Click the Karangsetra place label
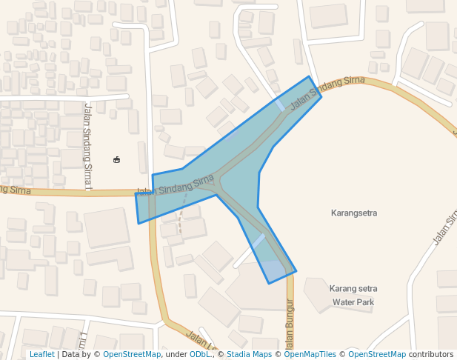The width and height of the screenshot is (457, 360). (x=353, y=213)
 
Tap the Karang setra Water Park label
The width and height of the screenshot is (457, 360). (x=353, y=295)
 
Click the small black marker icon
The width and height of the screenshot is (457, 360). (x=116, y=159)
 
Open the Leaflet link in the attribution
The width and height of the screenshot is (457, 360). (x=41, y=354)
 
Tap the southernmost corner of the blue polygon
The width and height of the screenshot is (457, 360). (x=270, y=283)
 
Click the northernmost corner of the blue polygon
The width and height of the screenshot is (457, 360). (x=309, y=76)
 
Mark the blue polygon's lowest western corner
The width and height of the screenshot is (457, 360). (x=139, y=223)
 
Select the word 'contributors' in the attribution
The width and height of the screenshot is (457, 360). (x=430, y=354)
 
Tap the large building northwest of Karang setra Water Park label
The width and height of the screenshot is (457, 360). (x=256, y=285)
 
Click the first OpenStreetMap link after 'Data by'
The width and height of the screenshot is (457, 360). (x=132, y=354)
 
